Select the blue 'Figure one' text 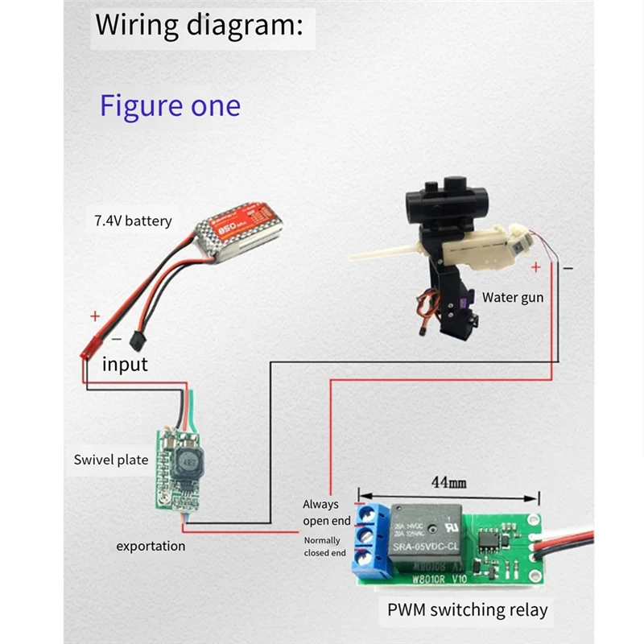[x=170, y=105]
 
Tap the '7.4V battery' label [x=127, y=220]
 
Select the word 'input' [x=125, y=364]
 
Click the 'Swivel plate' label [x=111, y=460]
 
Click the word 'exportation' [x=151, y=546]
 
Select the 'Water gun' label [x=513, y=297]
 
